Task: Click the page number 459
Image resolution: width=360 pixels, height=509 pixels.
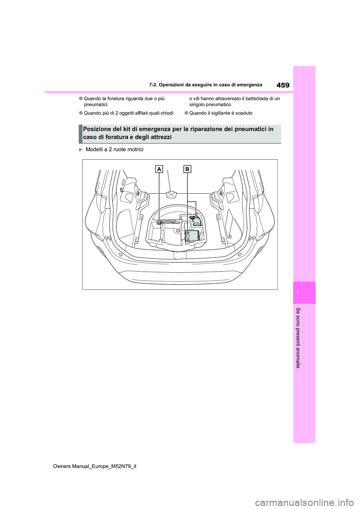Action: (283, 85)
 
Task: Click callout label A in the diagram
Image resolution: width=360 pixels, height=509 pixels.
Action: (159, 169)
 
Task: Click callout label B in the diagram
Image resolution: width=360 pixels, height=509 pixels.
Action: (187, 169)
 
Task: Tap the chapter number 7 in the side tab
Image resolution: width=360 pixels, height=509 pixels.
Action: (298, 292)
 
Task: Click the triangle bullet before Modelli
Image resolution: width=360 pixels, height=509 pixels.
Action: (80, 150)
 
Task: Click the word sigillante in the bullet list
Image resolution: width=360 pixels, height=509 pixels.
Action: (222, 113)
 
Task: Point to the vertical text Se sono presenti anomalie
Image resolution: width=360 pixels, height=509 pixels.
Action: (298, 337)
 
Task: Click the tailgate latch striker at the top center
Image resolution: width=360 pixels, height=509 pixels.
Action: (171, 194)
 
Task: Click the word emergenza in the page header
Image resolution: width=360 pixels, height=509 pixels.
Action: (249, 85)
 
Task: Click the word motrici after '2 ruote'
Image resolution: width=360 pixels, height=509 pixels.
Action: (135, 150)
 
